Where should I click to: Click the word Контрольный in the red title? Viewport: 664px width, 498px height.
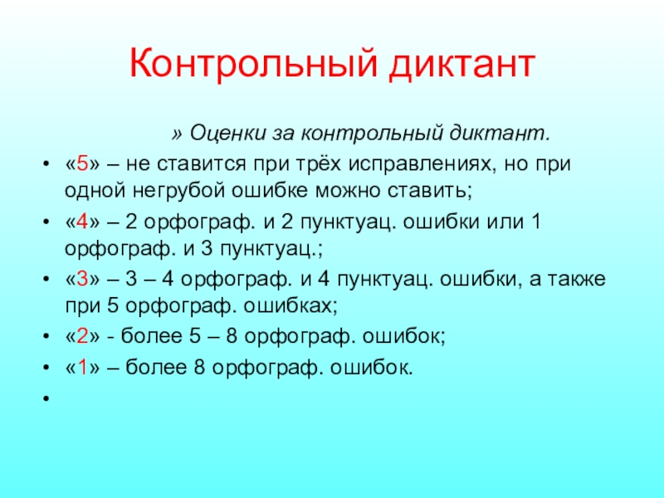(253, 64)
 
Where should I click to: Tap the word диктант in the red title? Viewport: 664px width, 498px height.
(462, 65)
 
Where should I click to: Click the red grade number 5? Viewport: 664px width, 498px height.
(82, 164)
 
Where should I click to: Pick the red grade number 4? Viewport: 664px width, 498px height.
(82, 222)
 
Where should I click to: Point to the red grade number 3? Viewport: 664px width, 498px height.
(82, 279)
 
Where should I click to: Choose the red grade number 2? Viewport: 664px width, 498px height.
(82, 336)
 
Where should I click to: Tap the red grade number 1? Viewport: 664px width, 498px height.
(82, 367)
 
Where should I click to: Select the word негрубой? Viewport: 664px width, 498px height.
(178, 190)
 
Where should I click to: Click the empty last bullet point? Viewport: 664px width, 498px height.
(46, 398)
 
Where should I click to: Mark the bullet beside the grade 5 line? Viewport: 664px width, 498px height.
(46, 164)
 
